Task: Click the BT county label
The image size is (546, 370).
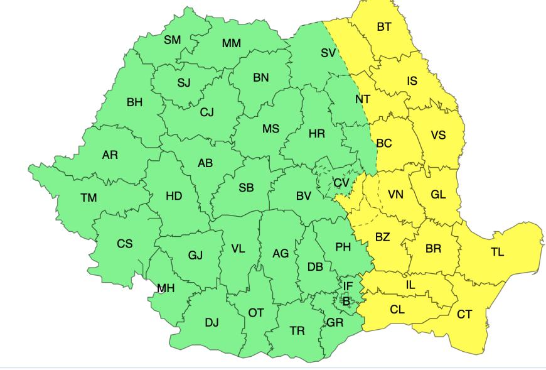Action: [383, 28]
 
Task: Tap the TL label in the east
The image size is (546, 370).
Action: [497, 253]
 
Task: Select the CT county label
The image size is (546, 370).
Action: [464, 315]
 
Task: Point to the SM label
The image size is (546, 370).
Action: [172, 40]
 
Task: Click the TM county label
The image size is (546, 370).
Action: [88, 198]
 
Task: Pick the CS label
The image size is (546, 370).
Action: [125, 244]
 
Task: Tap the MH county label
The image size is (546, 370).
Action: [166, 288]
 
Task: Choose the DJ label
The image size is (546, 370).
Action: [212, 323]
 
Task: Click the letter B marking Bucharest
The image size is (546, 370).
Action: [345, 301]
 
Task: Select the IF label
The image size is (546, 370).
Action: [348, 286]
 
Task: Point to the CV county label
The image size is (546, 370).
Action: [341, 183]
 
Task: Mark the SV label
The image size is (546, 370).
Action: [328, 53]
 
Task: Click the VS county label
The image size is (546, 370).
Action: [438, 136]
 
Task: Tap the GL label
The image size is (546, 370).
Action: [438, 194]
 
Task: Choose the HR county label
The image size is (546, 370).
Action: [317, 134]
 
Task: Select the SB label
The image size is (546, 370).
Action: [247, 188]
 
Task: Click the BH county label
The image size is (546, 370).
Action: [135, 103]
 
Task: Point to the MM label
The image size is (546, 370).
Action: [231, 44]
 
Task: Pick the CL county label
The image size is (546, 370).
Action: [397, 309]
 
